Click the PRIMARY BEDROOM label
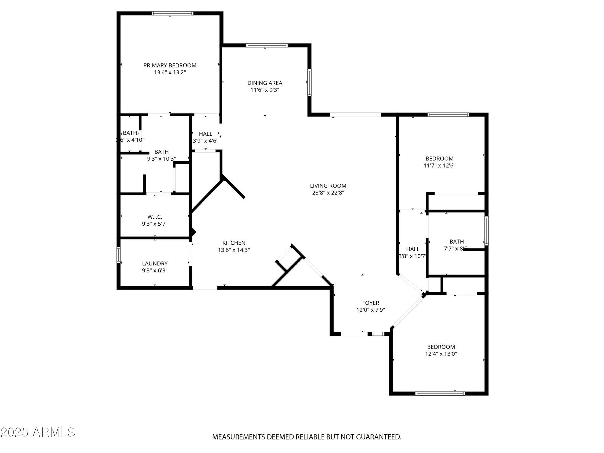170,66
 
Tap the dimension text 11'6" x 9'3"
265,90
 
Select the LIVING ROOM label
328,186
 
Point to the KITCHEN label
234,243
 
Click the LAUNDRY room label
155,264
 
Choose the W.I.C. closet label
155,217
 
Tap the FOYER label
371,303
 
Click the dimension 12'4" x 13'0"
441,354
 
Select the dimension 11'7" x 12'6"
439,165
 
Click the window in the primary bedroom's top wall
172,13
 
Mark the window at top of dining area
267,46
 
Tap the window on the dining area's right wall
310,82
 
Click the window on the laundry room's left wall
119,255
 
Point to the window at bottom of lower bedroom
440,393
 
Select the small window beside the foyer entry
378,334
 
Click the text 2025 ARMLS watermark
38,432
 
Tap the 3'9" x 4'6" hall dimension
206,141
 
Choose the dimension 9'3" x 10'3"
162,159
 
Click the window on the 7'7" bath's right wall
486,231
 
